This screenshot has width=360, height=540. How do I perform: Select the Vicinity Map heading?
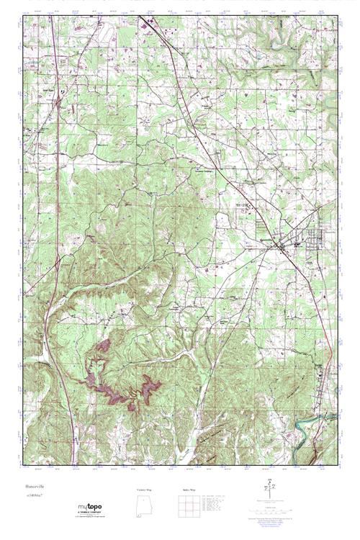145,490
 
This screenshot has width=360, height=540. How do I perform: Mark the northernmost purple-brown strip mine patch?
103,346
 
